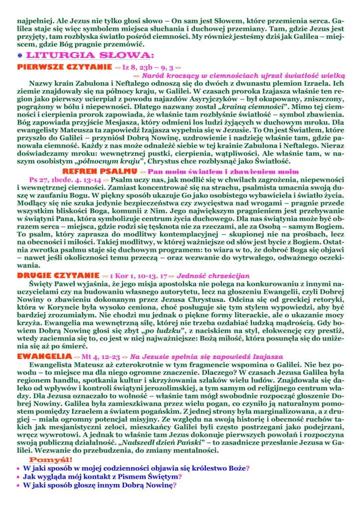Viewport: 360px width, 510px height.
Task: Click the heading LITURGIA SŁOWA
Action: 90,55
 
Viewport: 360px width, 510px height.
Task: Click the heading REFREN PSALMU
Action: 104,170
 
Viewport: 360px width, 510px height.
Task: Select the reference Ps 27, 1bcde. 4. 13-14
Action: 61,178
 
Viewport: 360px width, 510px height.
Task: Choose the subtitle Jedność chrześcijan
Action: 212,276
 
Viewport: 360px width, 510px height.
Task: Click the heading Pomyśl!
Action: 50,459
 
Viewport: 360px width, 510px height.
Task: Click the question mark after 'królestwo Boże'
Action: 248,468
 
